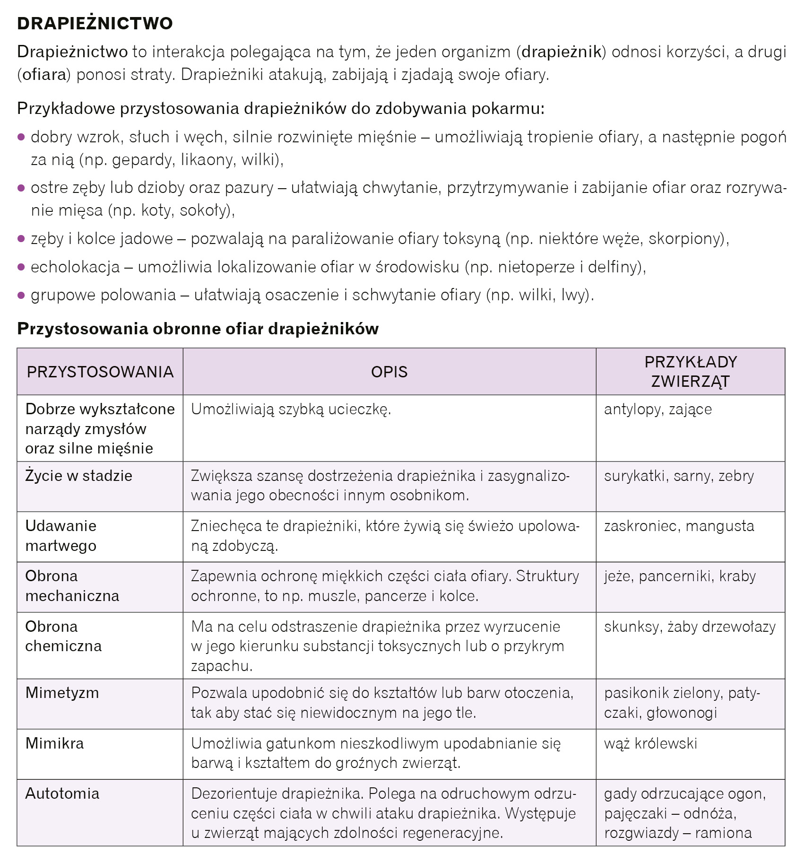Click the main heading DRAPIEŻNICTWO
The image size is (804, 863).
pos(95,23)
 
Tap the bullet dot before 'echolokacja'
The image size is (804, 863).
pos(21,267)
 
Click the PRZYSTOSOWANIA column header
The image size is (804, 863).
pos(100,372)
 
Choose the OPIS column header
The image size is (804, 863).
pos(389,372)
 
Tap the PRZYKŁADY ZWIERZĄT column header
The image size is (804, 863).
pos(690,372)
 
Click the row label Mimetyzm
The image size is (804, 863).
pos(62,693)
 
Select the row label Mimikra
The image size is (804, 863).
pos(54,743)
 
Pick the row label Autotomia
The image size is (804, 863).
pos(62,793)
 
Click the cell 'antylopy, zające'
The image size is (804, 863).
pos(657,409)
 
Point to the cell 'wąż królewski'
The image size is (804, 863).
pos(650,743)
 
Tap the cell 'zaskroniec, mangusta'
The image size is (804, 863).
pos(679,526)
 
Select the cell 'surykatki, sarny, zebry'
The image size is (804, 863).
pos(679,476)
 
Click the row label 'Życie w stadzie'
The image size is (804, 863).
pos(78,476)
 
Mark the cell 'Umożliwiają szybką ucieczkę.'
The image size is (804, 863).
pos(291,409)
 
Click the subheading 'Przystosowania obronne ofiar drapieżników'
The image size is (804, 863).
pos(198,329)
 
